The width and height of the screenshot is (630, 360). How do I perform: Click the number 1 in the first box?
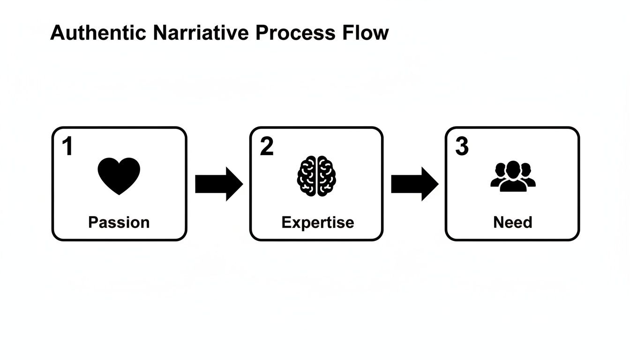pyautogui.click(x=68, y=147)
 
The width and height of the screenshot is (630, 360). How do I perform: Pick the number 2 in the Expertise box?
pyautogui.click(x=266, y=147)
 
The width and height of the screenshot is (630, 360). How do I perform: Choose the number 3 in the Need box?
pyautogui.click(x=462, y=147)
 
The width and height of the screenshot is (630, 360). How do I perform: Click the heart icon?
pyautogui.click(x=119, y=176)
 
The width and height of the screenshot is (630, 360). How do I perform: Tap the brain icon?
pyautogui.click(x=317, y=176)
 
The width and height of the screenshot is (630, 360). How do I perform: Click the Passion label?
pyautogui.click(x=119, y=222)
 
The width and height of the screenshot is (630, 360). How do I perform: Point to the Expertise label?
pyautogui.click(x=317, y=222)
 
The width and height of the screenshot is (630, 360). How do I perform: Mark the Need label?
pyautogui.click(x=513, y=222)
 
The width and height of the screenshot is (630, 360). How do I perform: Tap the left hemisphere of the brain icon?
pyautogui.click(x=307, y=176)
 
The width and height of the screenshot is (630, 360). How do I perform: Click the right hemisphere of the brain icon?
pyautogui.click(x=326, y=176)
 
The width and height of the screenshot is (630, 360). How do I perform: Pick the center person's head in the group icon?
pyautogui.click(x=513, y=169)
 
